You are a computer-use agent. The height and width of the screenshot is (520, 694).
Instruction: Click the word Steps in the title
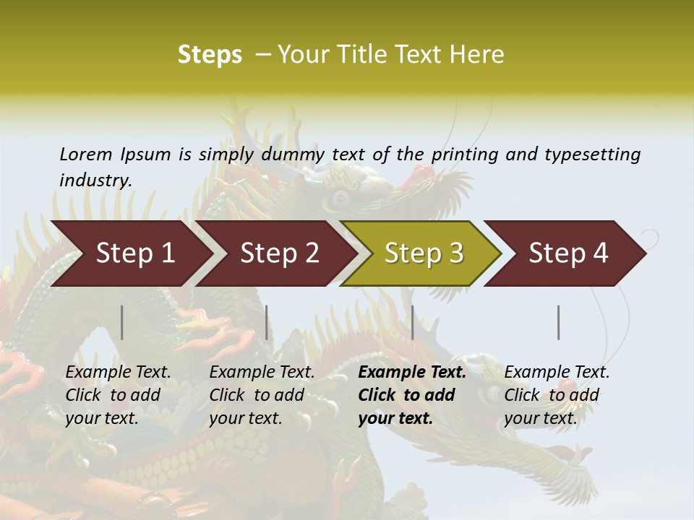pos(210,55)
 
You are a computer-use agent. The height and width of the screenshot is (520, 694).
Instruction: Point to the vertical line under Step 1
pos(122,322)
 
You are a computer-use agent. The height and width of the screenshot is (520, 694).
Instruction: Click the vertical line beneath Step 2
pos(267,322)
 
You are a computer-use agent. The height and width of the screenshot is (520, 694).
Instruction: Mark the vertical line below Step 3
pos(413,322)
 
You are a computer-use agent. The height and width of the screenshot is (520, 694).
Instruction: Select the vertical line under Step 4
pos(559,322)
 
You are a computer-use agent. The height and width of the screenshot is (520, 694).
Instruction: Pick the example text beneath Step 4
pos(557,395)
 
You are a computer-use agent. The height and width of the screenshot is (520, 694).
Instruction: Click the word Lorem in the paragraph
pos(86,154)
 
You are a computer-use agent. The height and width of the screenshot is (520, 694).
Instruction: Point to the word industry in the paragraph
pos(95,181)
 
